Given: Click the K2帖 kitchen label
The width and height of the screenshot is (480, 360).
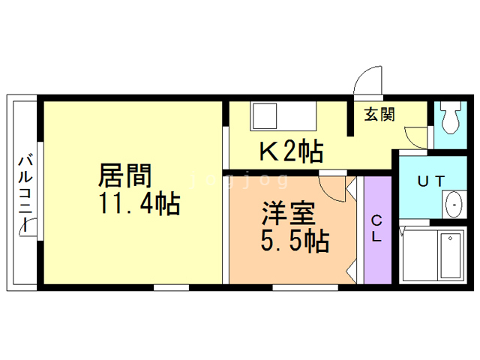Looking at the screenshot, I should click(x=291, y=153).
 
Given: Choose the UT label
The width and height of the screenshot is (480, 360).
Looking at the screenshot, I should click(x=432, y=180).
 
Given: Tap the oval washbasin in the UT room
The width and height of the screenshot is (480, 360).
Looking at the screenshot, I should click(x=454, y=205).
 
